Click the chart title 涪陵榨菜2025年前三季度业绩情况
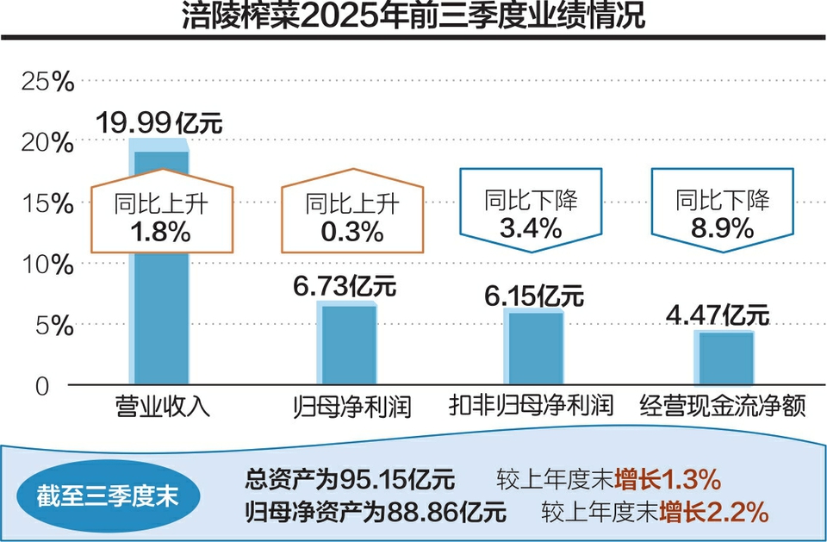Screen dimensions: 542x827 point(413,16)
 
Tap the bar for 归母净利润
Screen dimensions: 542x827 point(348,345)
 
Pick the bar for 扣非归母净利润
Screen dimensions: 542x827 point(534,348)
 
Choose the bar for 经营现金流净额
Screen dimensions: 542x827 point(724,358)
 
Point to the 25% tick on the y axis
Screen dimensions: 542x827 point(48,83)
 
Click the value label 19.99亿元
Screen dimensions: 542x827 point(159,122)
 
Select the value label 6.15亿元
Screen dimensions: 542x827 point(534,295)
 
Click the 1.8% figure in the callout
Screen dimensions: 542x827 point(160,232)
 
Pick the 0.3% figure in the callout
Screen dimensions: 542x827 point(352,232)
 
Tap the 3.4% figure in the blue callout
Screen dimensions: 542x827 point(531,228)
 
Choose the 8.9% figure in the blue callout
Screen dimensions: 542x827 point(722,228)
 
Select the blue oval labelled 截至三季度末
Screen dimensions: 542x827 point(108,497)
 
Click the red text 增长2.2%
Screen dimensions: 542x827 point(713,513)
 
